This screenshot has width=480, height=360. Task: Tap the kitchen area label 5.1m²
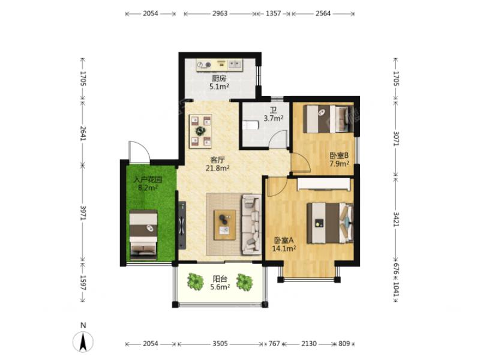[219, 86]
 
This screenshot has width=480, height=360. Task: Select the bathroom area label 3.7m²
[274, 118]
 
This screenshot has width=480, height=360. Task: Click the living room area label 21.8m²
[218, 168]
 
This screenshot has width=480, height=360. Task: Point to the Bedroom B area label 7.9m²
[339, 164]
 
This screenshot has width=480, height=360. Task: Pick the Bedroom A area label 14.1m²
[284, 248]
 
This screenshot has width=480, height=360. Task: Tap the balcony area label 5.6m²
[220, 287]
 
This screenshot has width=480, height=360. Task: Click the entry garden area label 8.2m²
[148, 188]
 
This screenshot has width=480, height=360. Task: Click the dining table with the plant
[200, 131]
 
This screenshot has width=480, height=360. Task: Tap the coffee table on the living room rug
[225, 224]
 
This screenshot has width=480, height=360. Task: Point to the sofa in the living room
[251, 224]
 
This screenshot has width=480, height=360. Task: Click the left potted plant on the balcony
[196, 281]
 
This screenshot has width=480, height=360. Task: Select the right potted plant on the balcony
[245, 282]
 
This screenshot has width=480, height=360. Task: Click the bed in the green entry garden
[143, 235]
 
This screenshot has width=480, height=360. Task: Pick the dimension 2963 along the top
[220, 13]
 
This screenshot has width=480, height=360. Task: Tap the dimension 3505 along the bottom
[220, 344]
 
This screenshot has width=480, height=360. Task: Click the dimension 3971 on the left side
[83, 213]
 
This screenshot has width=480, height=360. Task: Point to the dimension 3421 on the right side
[396, 219]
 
